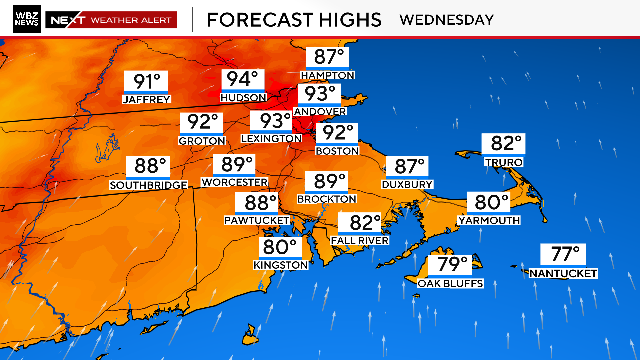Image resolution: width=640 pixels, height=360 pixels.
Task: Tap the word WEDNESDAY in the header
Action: pos(446,19)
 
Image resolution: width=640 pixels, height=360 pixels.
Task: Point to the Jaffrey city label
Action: pos(146,99)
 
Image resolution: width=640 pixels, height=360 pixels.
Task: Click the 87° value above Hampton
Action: pos(328,58)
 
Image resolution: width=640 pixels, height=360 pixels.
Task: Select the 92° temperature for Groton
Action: pos(201,123)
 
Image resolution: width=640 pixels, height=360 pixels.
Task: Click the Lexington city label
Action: pos(270,137)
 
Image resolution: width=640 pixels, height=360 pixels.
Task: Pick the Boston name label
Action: pos(336,150)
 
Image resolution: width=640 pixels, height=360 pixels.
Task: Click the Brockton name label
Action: pos(327,199)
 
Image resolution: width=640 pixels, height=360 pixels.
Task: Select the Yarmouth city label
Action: pos(489,219)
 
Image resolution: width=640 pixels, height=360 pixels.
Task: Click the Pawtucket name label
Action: pos(256,219)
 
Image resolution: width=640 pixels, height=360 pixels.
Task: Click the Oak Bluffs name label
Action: pos(450,283)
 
